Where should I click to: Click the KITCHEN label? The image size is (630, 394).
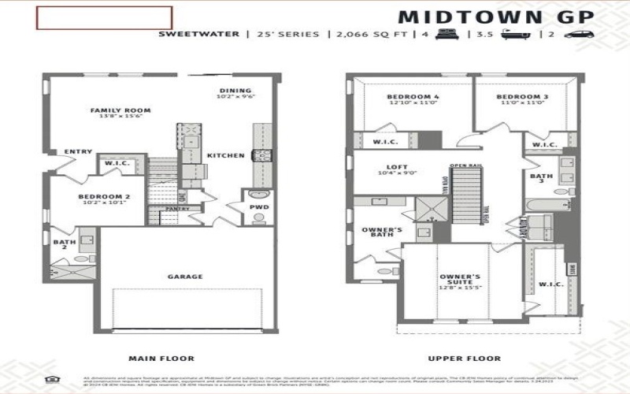(225, 156)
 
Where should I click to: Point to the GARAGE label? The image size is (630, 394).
(185, 277)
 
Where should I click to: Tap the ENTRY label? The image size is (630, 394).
(78, 152)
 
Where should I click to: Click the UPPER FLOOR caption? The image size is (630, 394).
(454, 357)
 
